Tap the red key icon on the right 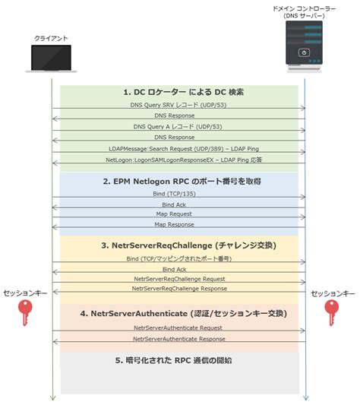[332, 312]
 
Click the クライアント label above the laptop [51, 38]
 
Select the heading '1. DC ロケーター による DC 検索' [178, 92]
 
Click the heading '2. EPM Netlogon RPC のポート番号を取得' [178, 182]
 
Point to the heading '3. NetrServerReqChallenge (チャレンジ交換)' [178, 246]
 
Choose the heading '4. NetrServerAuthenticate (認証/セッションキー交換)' [178, 312]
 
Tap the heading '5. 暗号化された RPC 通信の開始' [178, 360]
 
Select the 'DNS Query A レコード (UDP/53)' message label [178, 126]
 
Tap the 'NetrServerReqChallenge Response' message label [178, 289]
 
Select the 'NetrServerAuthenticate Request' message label [178, 327]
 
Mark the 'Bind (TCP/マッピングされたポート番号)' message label [178, 259]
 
